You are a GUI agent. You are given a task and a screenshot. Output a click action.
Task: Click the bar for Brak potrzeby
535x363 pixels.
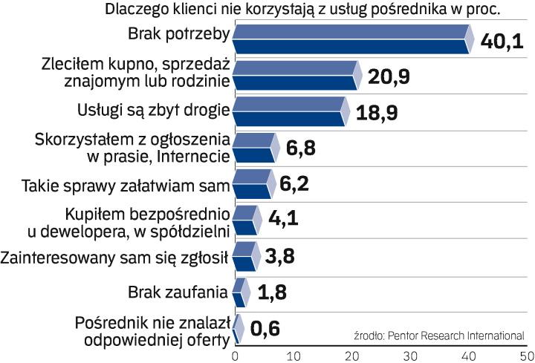351,39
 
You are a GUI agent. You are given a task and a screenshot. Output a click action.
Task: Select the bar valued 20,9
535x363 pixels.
295,76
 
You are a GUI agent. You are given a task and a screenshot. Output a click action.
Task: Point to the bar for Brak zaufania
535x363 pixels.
239,292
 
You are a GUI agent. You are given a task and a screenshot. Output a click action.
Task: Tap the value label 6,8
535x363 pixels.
301,148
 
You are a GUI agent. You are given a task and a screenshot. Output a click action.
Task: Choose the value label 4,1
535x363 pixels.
284,220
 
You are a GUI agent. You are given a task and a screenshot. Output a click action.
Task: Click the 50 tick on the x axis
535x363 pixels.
525,354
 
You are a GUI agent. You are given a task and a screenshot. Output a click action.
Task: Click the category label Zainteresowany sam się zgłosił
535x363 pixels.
114,258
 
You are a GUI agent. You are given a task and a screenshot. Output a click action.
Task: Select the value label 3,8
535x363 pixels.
283,258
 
